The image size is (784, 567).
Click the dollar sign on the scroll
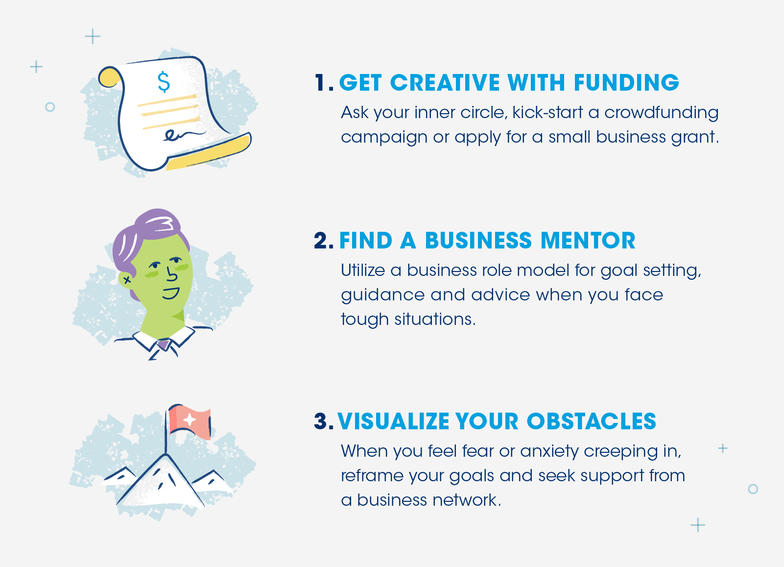[x=164, y=82]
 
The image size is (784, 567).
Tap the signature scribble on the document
[x=184, y=135]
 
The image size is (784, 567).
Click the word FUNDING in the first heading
[x=626, y=83]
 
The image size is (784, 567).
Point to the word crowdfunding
[x=661, y=113]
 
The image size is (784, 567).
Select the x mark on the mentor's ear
[x=127, y=279]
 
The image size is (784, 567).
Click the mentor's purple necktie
[x=164, y=344]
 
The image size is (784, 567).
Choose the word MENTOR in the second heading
[x=588, y=241]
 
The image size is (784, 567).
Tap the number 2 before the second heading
[x=321, y=241]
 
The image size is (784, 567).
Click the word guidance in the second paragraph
[x=382, y=295]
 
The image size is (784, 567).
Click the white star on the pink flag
[x=190, y=419]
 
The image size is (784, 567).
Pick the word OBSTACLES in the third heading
[x=591, y=421]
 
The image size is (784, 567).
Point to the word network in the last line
[x=465, y=500]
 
